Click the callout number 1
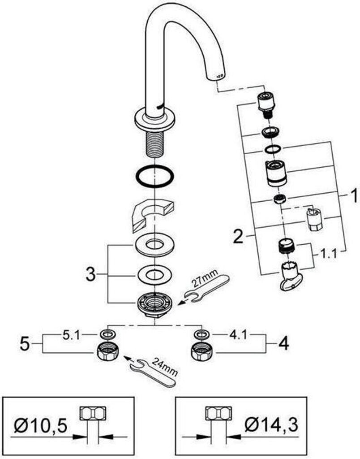click(354, 195)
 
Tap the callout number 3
click(90, 275)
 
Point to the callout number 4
click(283, 343)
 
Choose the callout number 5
click(25, 343)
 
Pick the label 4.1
click(238, 335)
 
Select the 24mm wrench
click(153, 372)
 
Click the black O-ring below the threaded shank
click(154, 176)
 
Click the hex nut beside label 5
click(107, 351)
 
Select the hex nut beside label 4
click(201, 351)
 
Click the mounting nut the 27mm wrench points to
click(154, 305)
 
